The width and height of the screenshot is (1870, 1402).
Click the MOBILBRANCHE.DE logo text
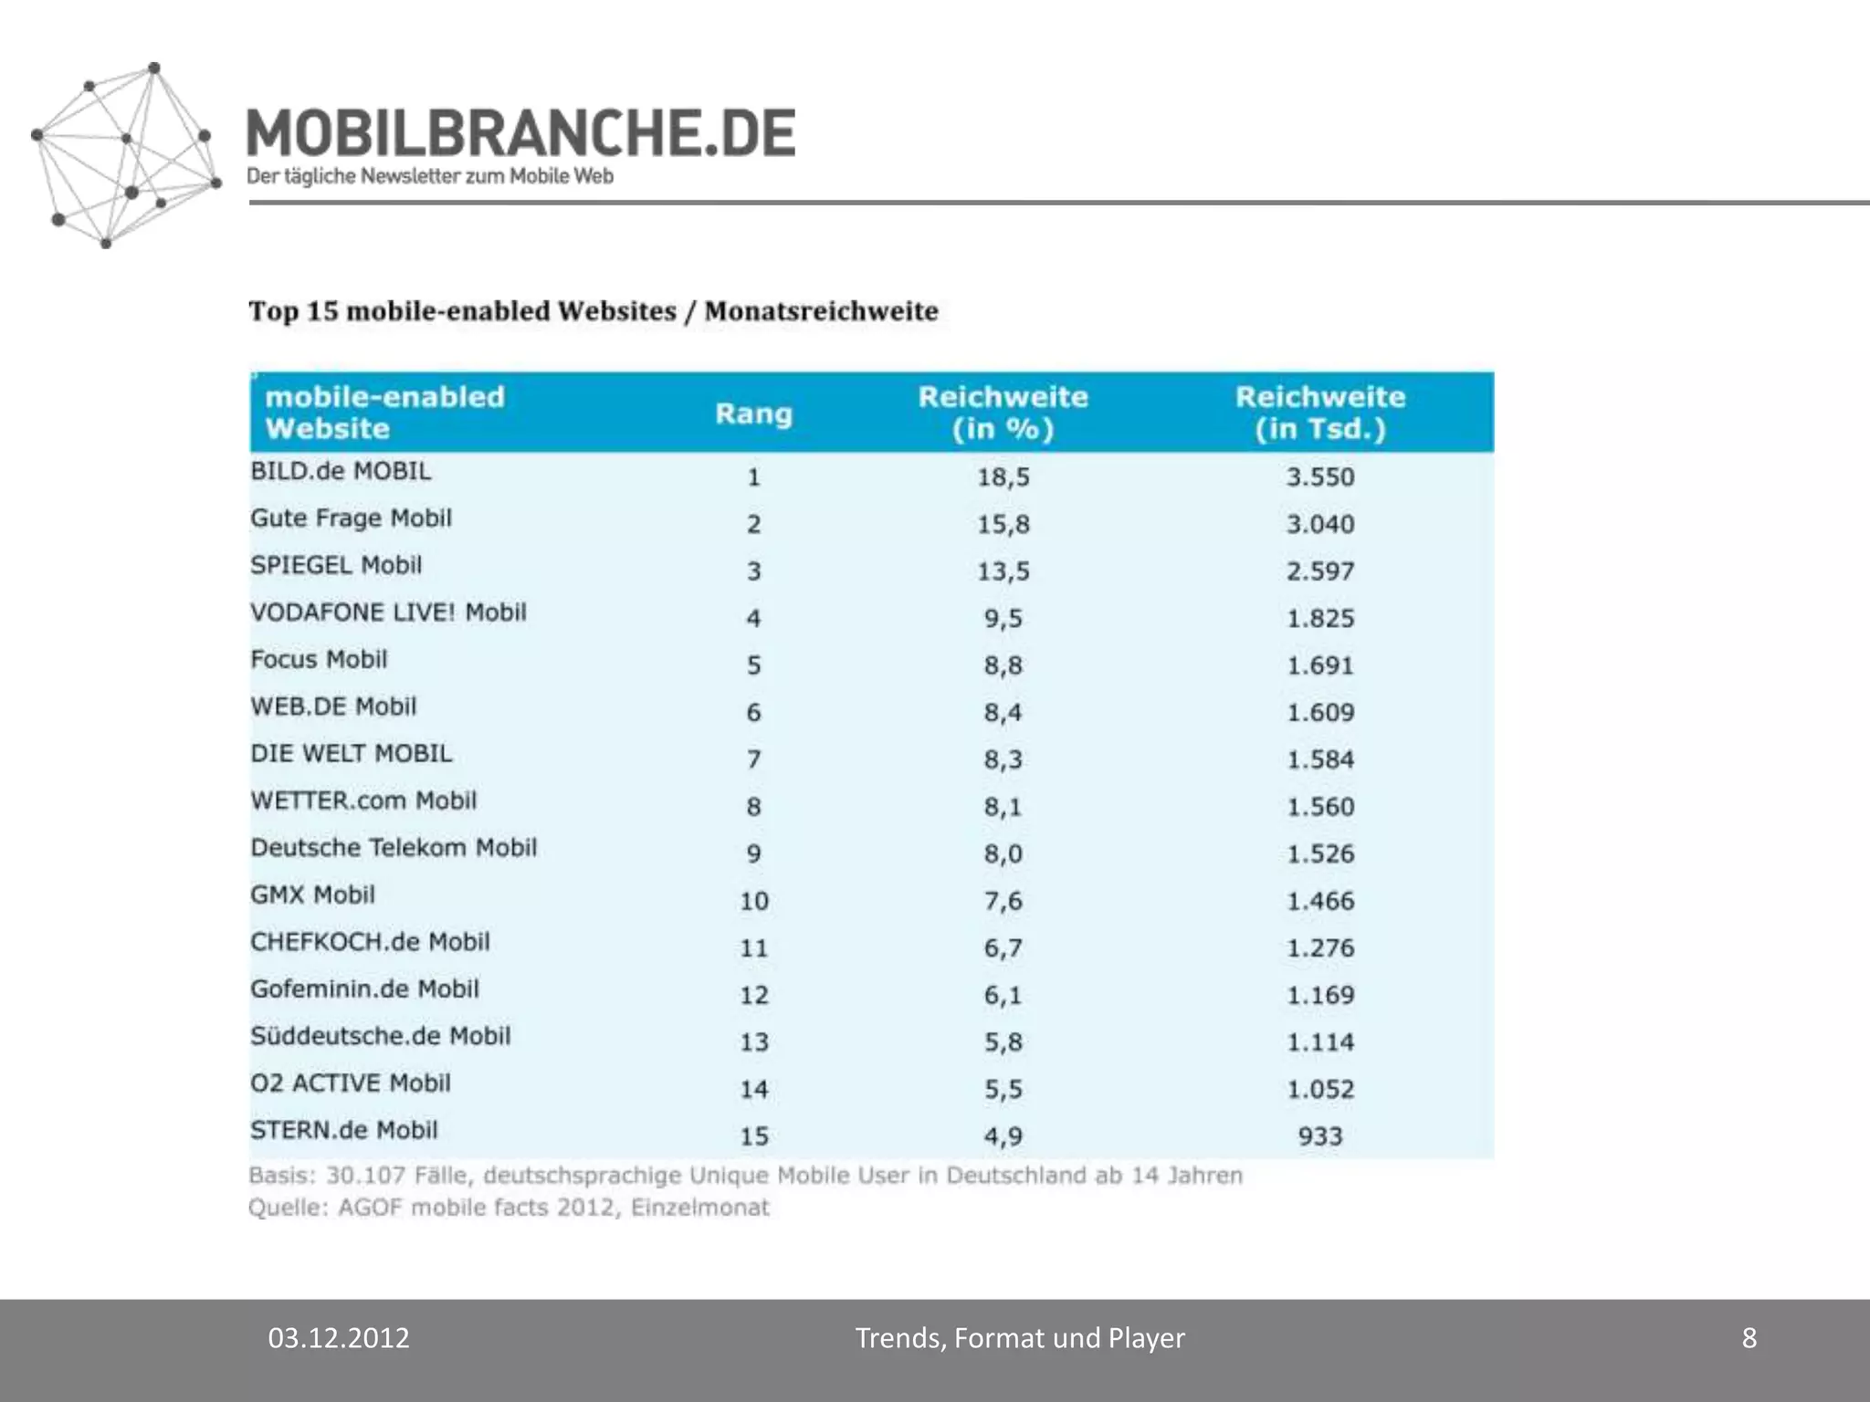[520, 133]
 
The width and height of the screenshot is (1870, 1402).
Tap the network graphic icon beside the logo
[126, 155]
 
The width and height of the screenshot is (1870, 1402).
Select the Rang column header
[753, 413]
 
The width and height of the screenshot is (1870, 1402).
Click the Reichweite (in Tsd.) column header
[1319, 413]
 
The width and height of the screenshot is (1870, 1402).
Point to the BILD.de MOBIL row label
[341, 471]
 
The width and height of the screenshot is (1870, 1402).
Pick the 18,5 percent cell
[1003, 476]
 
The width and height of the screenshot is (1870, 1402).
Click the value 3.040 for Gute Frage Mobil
[1320, 524]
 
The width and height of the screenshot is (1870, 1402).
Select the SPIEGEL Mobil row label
[336, 565]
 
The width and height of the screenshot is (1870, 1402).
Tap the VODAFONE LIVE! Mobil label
[388, 612]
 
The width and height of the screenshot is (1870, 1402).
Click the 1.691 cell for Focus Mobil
[1320, 665]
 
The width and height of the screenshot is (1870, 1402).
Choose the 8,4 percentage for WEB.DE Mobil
[1003, 712]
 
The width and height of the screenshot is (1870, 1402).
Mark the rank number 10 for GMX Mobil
[753, 901]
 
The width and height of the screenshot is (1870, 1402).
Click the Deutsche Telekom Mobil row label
[394, 848]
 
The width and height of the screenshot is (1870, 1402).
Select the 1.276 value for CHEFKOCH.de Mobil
[1320, 948]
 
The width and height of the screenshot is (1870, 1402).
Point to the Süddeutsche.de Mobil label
[380, 1036]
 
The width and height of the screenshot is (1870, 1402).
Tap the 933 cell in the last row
[1320, 1136]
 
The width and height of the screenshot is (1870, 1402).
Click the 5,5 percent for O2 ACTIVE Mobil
[1003, 1089]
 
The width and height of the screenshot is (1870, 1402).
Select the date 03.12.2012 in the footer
[339, 1338]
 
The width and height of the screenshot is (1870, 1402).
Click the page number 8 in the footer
[1749, 1338]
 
